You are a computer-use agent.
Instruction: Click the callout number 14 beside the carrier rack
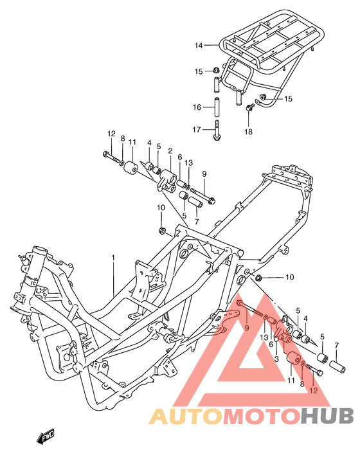tap(199, 46)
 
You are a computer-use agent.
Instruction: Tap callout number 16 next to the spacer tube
tap(197, 107)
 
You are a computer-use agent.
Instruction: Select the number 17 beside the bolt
tap(197, 129)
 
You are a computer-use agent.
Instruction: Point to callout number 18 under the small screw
tap(248, 132)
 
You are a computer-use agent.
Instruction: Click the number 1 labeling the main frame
tap(113, 258)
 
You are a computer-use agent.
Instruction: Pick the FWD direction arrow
tap(45, 437)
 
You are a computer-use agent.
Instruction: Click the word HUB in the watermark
tap(328, 416)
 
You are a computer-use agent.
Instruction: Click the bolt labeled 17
tap(217, 130)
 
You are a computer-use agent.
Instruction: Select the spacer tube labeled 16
tap(217, 107)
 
